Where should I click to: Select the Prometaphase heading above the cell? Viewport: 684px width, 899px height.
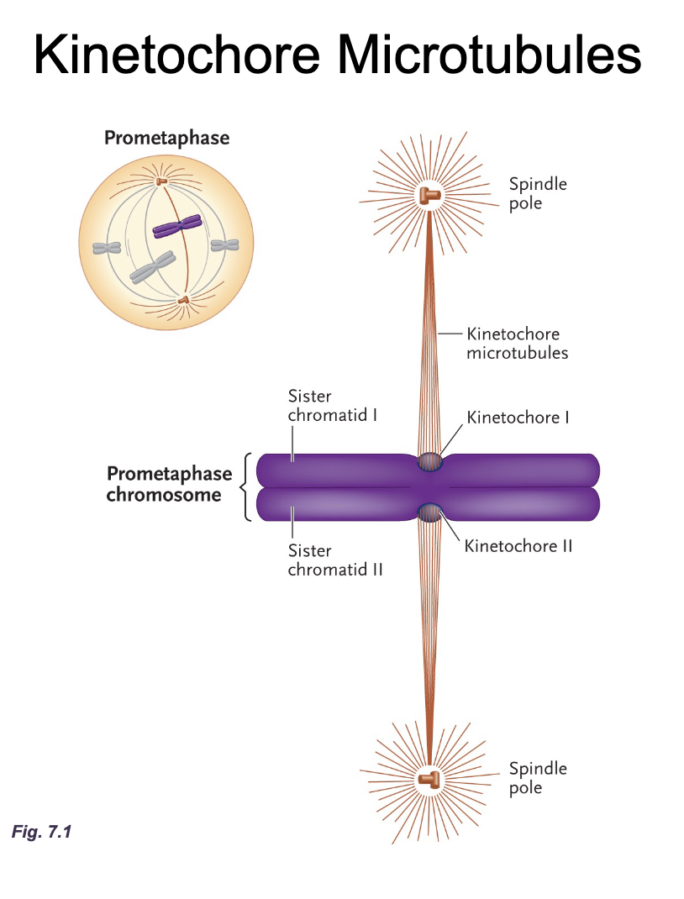pyautogui.click(x=166, y=138)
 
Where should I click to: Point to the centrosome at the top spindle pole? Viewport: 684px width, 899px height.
pyautogui.click(x=429, y=196)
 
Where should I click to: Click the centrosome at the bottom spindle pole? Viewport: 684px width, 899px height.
pyautogui.click(x=429, y=779)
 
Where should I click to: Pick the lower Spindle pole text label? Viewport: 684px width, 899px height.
pyautogui.click(x=538, y=778)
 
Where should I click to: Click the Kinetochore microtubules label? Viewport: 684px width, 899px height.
pyautogui.click(x=517, y=344)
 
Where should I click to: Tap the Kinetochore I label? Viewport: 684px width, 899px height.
pyautogui.click(x=518, y=417)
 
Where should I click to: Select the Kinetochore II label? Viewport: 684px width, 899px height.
pyautogui.click(x=518, y=546)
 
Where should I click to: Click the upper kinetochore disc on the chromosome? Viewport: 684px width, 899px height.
pyautogui.click(x=429, y=462)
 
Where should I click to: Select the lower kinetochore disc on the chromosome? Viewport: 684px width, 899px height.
pyautogui.click(x=429, y=512)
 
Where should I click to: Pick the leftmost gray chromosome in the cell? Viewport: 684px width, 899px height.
pyautogui.click(x=107, y=248)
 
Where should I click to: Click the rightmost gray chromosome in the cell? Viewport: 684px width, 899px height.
pyautogui.click(x=224, y=245)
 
